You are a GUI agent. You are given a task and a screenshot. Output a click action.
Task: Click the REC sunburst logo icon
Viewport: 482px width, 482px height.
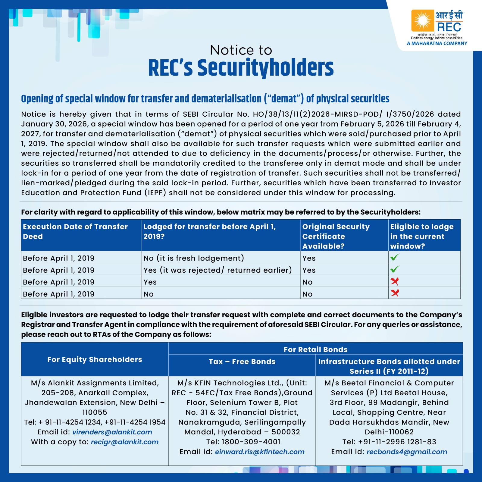coord(423,21)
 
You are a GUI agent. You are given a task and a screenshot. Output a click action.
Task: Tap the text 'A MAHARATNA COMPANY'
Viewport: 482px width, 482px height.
coord(437,43)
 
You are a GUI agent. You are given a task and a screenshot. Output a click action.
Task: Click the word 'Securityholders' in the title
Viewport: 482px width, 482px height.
coord(265,68)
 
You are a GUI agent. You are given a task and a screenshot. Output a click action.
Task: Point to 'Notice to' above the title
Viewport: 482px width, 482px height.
coord(241,50)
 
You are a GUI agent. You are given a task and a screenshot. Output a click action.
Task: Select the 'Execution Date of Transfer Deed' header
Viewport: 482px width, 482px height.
coord(75,231)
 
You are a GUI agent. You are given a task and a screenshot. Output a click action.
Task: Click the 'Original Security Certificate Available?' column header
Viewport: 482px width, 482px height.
coord(336,236)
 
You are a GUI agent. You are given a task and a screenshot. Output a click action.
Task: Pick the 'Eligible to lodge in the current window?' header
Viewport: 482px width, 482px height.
coord(421,236)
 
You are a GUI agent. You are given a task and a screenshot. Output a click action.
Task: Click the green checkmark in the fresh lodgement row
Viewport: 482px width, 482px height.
coord(394,257)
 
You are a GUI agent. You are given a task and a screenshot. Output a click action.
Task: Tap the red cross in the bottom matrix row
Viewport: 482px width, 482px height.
coord(395,293)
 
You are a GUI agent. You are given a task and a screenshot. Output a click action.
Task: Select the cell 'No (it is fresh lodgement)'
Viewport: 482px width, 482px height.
coord(194,258)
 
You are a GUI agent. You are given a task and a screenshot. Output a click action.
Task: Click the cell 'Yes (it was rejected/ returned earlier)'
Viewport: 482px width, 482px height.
coord(218,270)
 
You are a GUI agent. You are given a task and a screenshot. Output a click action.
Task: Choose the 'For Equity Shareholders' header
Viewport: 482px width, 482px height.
coord(95,359)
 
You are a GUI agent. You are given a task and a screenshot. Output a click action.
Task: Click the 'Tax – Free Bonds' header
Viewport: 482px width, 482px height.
coord(242,361)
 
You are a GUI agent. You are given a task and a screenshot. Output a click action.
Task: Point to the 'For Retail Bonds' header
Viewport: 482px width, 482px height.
coord(315,349)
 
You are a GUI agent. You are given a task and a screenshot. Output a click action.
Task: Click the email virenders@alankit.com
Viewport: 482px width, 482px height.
coord(112,432)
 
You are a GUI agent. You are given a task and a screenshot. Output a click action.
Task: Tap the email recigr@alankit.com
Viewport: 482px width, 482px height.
coord(124,442)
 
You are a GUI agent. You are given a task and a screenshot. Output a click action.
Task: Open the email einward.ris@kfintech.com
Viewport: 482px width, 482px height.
coord(259,452)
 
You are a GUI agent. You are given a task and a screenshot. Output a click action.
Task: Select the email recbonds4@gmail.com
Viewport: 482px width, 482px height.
coord(407,452)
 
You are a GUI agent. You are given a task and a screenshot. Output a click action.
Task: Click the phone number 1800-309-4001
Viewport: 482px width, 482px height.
coord(251,442)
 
